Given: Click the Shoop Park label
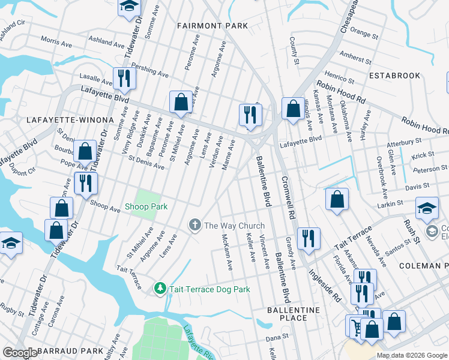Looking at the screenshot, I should pos(145,207).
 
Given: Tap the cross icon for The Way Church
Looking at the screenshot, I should pos(194,226).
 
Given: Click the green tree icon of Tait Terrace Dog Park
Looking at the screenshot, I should pos(160,289).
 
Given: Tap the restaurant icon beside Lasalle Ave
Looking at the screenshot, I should pos(124,78).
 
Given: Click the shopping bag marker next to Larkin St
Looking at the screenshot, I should pos(337,200).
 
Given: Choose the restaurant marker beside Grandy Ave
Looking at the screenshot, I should pos(309,238).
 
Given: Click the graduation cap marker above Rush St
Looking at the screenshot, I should pos(427,208).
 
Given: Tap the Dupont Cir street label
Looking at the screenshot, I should pos(23,172).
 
